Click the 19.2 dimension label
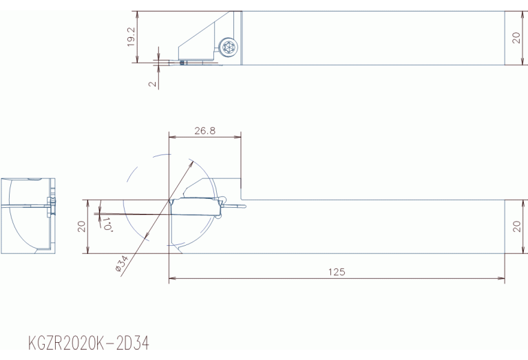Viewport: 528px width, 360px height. pos(131,36)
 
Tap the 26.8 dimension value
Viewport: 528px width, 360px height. pos(204,131)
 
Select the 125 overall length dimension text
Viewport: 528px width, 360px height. pos(337,272)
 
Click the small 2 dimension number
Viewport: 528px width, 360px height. pos(153,83)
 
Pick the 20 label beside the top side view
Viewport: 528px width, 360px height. pos(516,38)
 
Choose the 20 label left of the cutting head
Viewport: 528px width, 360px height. pos(81,226)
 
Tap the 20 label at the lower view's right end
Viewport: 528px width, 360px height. pos(517,226)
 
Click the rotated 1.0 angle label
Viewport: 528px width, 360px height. pos(107,224)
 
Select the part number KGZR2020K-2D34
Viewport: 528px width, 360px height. pos(89,343)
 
